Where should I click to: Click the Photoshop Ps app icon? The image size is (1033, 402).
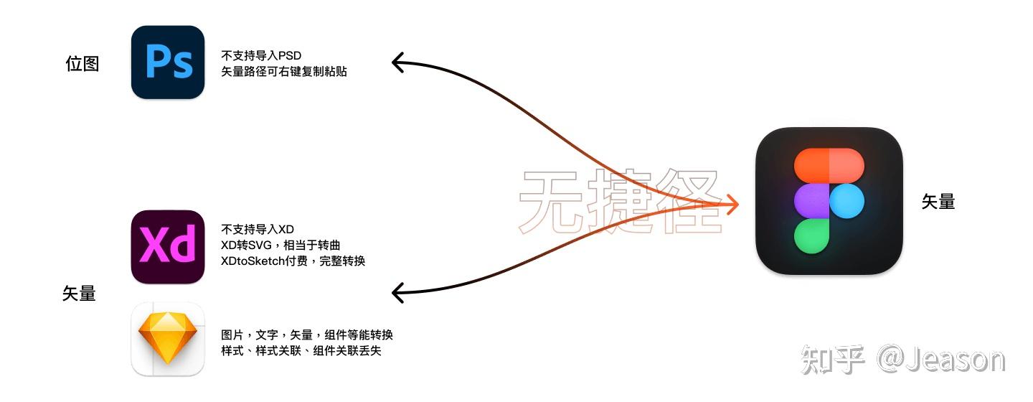[x=168, y=62]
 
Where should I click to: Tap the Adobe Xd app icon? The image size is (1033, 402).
[x=168, y=246]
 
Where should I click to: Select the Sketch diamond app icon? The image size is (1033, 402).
[x=168, y=339]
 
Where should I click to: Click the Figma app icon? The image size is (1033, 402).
[x=829, y=201]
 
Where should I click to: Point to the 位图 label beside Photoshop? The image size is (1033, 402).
[x=82, y=64]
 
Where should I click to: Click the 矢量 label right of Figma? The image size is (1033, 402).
[x=938, y=202]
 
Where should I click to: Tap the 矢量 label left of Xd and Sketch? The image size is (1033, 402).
[x=79, y=293]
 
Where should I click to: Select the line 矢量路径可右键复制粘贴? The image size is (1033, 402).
[x=284, y=72]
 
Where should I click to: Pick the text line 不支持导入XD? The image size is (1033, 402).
[x=258, y=230]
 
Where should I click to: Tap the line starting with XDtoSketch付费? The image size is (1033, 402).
[x=293, y=261]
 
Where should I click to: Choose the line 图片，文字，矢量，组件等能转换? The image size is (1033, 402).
[x=307, y=335]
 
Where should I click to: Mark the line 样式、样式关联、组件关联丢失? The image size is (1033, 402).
[x=301, y=351]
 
